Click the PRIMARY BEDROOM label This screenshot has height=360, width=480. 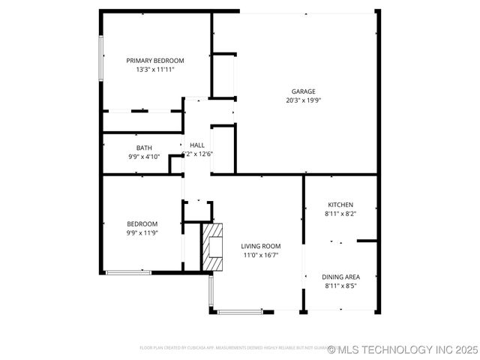pos(154,61)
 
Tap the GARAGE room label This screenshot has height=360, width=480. pos(303,91)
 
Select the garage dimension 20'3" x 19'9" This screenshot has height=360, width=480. pos(303,100)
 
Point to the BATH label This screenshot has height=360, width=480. pos(144,148)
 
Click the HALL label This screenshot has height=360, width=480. pos(197,145)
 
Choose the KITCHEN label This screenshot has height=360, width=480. pos(340,205)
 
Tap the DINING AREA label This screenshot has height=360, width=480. pos(340,277)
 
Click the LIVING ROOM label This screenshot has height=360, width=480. pos(260,246)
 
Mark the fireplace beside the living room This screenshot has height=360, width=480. pos(213,246)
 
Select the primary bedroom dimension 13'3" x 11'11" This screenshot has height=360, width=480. pos(154,70)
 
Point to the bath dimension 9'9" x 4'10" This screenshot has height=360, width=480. pos(144,157)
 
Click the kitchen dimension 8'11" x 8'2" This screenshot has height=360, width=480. pos(340,214)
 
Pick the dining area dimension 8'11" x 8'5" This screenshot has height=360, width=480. pos(340,286)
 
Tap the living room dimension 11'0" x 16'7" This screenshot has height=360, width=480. pos(260,255)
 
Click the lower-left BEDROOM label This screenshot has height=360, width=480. pos(142,223)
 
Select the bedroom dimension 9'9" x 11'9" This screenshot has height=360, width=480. pos(142,232)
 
